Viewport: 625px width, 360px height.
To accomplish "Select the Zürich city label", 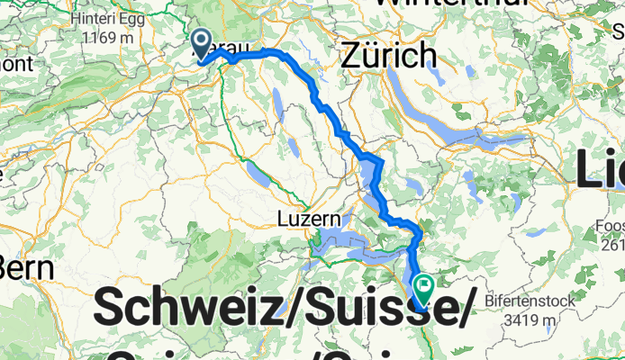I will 389,57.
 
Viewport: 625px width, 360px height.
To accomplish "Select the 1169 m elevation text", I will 106,38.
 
